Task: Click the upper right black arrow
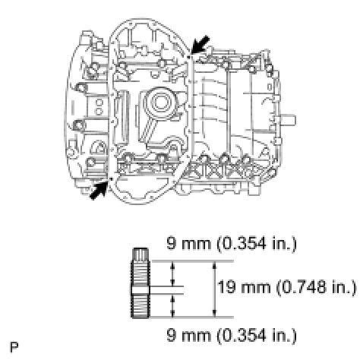[200, 45]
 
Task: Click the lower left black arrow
[99, 191]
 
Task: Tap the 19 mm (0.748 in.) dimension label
[286, 288]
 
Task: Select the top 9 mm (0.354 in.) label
[232, 244]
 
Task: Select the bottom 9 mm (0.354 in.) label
[232, 335]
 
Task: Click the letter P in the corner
[14, 347]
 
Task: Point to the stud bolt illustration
[141, 283]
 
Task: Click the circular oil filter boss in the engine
[159, 103]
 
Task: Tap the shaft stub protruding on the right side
[288, 119]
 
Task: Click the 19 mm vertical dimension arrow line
[215, 289]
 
